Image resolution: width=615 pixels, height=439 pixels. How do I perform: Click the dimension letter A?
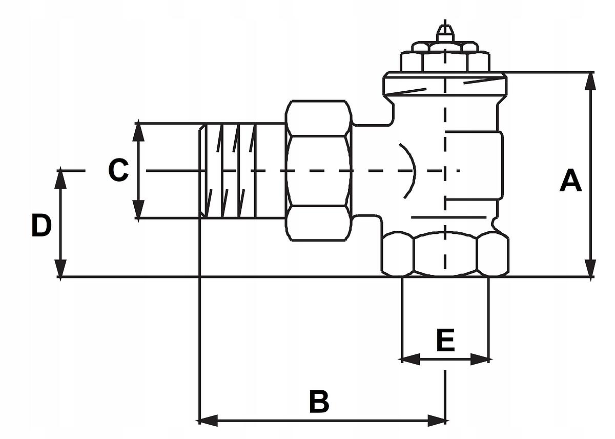coord(571,181)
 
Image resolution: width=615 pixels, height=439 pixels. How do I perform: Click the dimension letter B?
coord(319,401)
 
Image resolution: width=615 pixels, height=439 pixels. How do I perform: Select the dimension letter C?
coord(118,170)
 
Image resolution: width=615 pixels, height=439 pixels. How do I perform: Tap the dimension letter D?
coord(42,226)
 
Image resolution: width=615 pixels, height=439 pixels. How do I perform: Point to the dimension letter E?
coord(445,340)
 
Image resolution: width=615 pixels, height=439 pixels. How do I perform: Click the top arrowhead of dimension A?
coord(590,82)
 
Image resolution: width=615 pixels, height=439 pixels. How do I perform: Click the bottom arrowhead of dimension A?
coord(590,268)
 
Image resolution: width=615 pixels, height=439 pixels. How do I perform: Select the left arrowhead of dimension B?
coord(208,421)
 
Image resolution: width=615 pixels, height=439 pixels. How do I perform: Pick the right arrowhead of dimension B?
coord(437,421)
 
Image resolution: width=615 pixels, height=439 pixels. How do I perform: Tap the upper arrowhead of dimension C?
coord(138,132)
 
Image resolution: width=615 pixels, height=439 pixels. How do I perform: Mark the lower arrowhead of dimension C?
coord(138,209)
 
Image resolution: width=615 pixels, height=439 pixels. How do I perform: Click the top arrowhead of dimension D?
coord(60,179)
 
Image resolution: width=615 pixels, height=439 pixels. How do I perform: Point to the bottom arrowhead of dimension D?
coord(60,268)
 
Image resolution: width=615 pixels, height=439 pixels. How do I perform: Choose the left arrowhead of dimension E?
coord(411,360)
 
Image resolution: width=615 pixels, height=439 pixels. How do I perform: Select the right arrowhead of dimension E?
coord(480,360)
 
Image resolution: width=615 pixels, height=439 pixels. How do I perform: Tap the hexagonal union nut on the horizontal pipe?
coord(318,171)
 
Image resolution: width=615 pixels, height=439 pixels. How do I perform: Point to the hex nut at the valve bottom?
coord(445,254)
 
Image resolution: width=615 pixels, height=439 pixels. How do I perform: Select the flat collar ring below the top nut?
coord(445,84)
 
